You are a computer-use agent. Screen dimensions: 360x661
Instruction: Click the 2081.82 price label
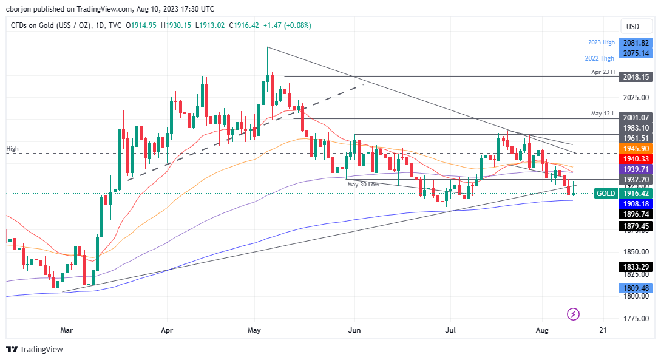coord(636,43)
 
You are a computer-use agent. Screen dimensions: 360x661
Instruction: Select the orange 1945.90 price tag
coord(636,148)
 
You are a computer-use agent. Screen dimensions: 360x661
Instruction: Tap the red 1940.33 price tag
coord(636,158)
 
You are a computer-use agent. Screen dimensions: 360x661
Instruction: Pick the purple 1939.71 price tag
coord(636,169)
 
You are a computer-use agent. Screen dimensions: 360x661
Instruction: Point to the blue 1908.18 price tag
coord(636,204)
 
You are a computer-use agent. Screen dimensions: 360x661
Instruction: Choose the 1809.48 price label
coord(636,288)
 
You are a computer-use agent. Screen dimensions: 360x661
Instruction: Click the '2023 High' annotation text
coord(602,42)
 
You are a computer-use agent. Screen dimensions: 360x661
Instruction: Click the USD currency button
coord(632,26)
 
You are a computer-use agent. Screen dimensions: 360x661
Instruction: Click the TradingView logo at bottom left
coord(35,349)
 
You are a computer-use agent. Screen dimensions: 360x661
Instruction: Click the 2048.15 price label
coord(636,77)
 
